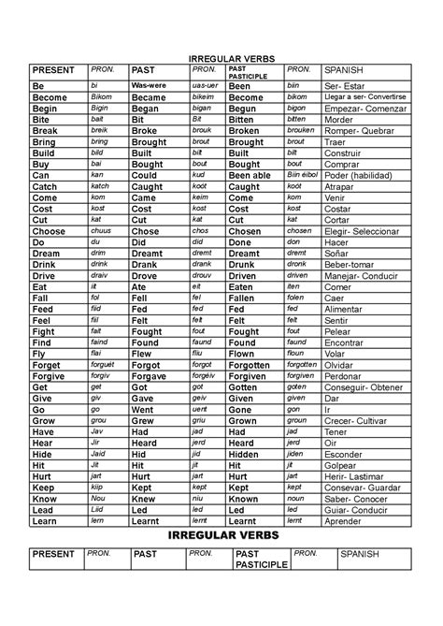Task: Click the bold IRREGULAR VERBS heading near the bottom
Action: (x=221, y=534)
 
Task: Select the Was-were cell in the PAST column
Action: (x=150, y=84)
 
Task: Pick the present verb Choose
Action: (x=49, y=231)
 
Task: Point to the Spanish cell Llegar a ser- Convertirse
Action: (x=365, y=97)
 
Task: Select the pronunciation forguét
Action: (x=103, y=365)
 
